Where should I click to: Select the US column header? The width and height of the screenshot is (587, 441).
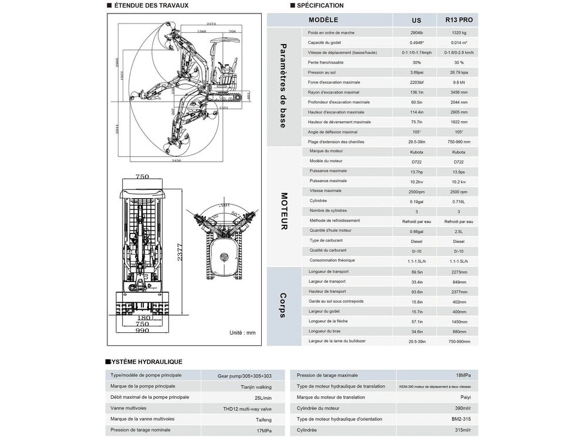click(416, 19)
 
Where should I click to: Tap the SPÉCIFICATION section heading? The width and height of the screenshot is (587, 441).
click(321, 6)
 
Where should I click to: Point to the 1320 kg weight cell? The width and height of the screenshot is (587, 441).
click(459, 33)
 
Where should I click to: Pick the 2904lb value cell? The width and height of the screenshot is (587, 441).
click(416, 33)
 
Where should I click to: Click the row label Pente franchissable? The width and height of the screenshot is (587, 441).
click(326, 62)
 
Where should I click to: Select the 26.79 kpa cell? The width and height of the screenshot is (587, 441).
click(459, 72)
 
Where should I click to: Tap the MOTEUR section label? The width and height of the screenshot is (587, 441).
click(284, 211)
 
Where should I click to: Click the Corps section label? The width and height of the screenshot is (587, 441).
click(283, 305)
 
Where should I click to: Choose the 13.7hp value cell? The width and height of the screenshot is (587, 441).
click(416, 171)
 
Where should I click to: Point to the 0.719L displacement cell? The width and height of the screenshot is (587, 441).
click(459, 201)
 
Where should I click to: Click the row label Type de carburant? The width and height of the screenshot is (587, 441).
click(326, 240)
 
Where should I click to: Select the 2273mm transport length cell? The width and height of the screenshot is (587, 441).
click(459, 272)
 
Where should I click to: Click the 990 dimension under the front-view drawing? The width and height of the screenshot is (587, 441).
click(142, 331)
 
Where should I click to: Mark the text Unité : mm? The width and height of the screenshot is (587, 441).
click(242, 332)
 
